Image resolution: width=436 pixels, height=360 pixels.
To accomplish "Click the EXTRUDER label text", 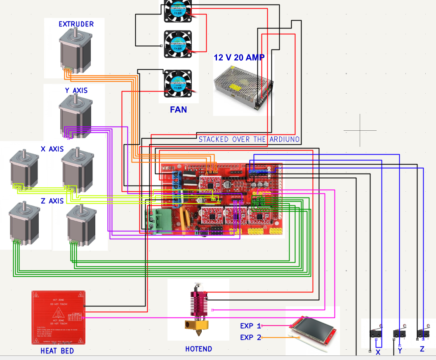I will pyautogui.click(x=76, y=24).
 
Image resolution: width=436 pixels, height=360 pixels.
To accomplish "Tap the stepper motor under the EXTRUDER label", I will pyautogui.click(x=75, y=52).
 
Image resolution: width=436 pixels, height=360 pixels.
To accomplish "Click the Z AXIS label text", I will pyautogui.click(x=52, y=201).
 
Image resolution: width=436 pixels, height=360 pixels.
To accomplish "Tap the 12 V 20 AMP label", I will pyautogui.click(x=239, y=57).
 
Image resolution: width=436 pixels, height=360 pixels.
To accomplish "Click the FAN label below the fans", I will pyautogui.click(x=178, y=110).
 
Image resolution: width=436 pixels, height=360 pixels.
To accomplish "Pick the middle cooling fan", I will pyautogui.click(x=178, y=44).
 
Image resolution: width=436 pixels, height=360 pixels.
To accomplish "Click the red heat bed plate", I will pyautogui.click(x=58, y=317).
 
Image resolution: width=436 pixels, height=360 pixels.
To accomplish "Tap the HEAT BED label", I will pyautogui.click(x=57, y=351).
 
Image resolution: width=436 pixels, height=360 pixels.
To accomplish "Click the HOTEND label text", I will pyautogui.click(x=198, y=349).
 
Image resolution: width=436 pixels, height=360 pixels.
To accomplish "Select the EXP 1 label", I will pyautogui.click(x=250, y=326).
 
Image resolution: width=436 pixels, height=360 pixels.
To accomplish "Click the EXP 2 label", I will pyautogui.click(x=250, y=337).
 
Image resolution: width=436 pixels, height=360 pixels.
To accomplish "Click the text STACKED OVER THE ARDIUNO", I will pyautogui.click(x=249, y=139).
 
